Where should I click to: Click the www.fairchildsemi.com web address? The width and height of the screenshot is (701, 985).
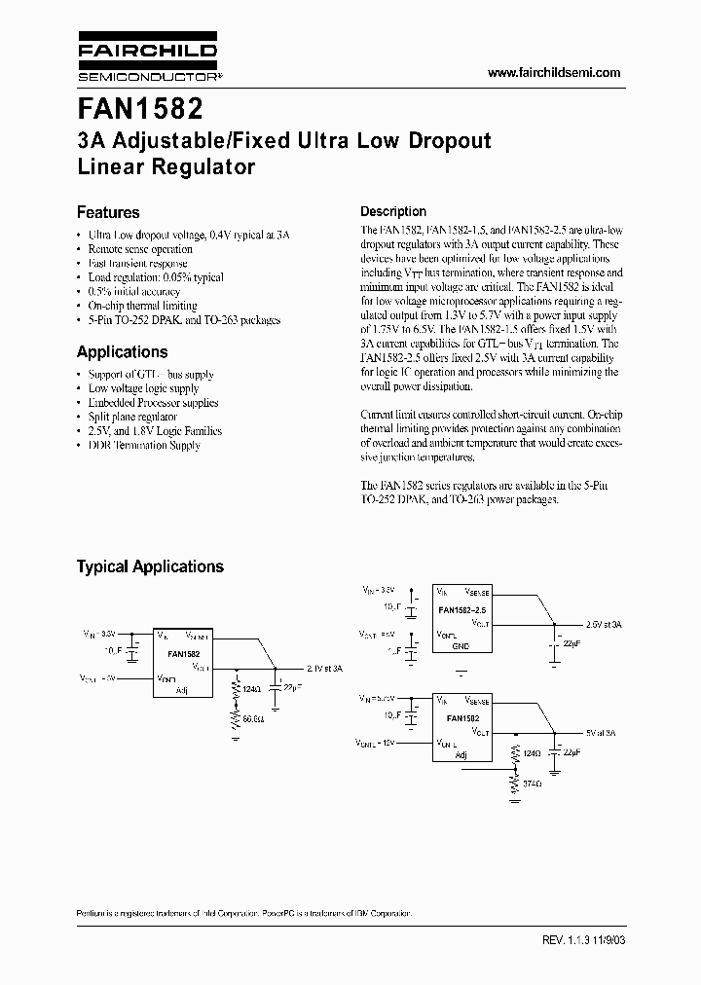click(x=553, y=73)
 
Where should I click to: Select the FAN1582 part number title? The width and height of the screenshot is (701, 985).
click(x=140, y=106)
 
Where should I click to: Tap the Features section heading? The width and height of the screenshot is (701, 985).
click(x=108, y=212)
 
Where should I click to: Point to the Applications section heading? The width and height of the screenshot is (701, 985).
click(x=122, y=352)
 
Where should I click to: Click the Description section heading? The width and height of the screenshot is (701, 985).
click(x=393, y=211)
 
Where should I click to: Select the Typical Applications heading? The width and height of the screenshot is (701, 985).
click(x=150, y=566)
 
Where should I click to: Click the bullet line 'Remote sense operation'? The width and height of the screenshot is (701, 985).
click(x=140, y=249)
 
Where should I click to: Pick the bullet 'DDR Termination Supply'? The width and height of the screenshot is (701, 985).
click(x=144, y=445)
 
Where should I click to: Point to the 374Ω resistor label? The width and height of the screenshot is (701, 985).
click(x=532, y=784)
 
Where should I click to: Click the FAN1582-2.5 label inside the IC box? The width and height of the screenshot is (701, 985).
click(x=462, y=609)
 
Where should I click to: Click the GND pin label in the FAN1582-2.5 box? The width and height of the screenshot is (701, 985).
click(x=460, y=646)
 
